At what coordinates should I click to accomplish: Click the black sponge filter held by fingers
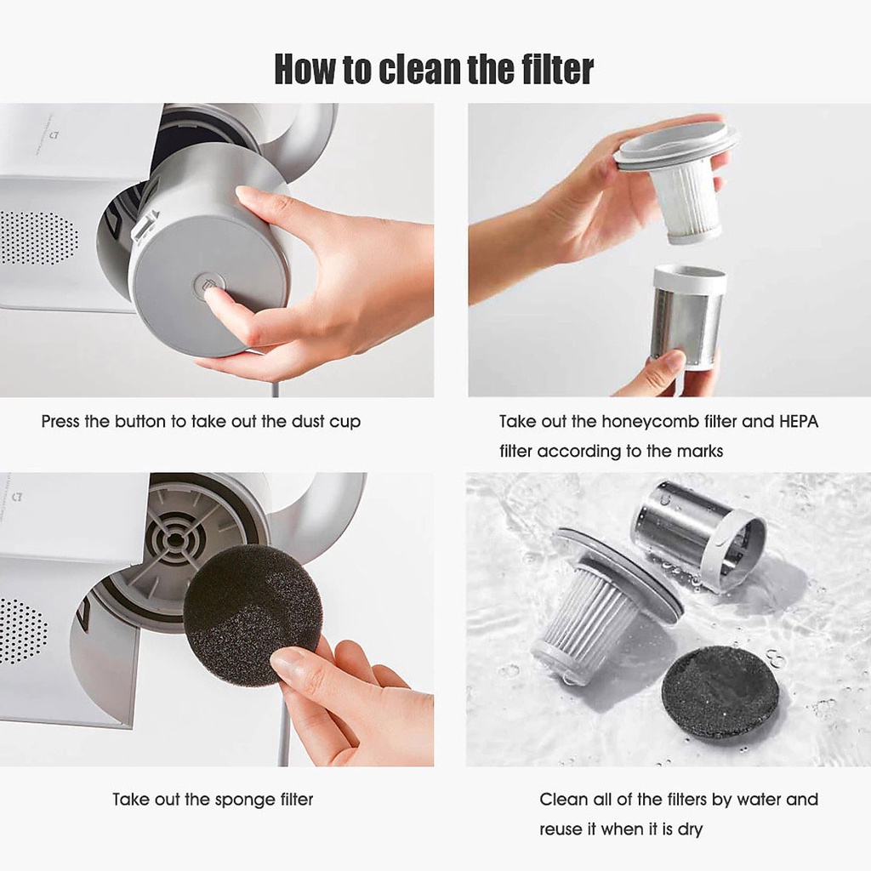point(253,615)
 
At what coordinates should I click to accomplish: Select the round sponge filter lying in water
point(719,692)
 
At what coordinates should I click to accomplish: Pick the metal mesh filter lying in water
point(700,534)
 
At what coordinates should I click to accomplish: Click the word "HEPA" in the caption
point(798,422)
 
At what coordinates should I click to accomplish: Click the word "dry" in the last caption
point(690,830)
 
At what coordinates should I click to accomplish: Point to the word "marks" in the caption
point(699,451)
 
